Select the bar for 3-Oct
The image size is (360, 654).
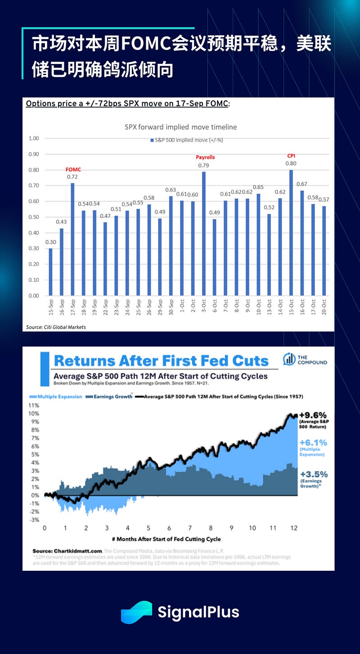[x=204, y=233]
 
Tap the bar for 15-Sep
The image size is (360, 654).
[x=50, y=272]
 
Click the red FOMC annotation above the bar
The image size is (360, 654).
[x=73, y=170]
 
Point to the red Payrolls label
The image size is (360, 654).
[x=205, y=157]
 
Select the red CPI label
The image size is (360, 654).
[x=291, y=156]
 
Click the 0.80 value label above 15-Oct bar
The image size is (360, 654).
[x=291, y=164]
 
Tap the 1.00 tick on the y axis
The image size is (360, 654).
[x=33, y=138]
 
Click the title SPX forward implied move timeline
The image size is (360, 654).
[x=180, y=127]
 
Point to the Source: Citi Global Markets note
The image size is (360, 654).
[x=56, y=327]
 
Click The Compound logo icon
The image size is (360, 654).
[x=289, y=359]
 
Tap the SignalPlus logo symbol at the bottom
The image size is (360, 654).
[x=136, y=612]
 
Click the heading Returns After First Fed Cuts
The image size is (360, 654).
[x=161, y=361]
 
